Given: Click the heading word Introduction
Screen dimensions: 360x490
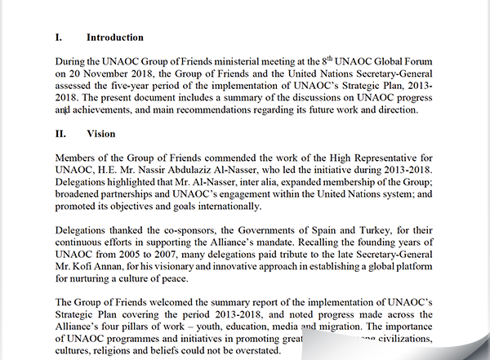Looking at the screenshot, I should [x=115, y=38].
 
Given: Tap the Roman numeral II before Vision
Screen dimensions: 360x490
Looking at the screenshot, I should [x=60, y=133].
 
